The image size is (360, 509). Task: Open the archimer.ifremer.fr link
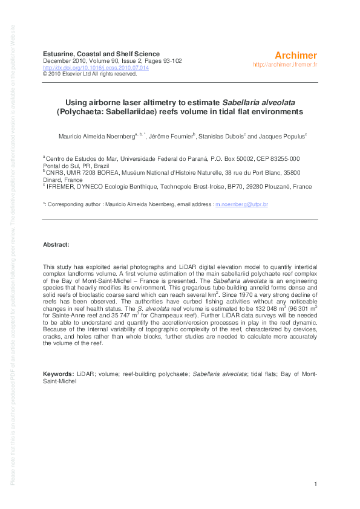[x=285, y=64]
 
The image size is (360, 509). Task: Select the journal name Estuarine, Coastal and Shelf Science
[x=97, y=53]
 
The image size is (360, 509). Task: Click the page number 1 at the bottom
[x=316, y=484]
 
